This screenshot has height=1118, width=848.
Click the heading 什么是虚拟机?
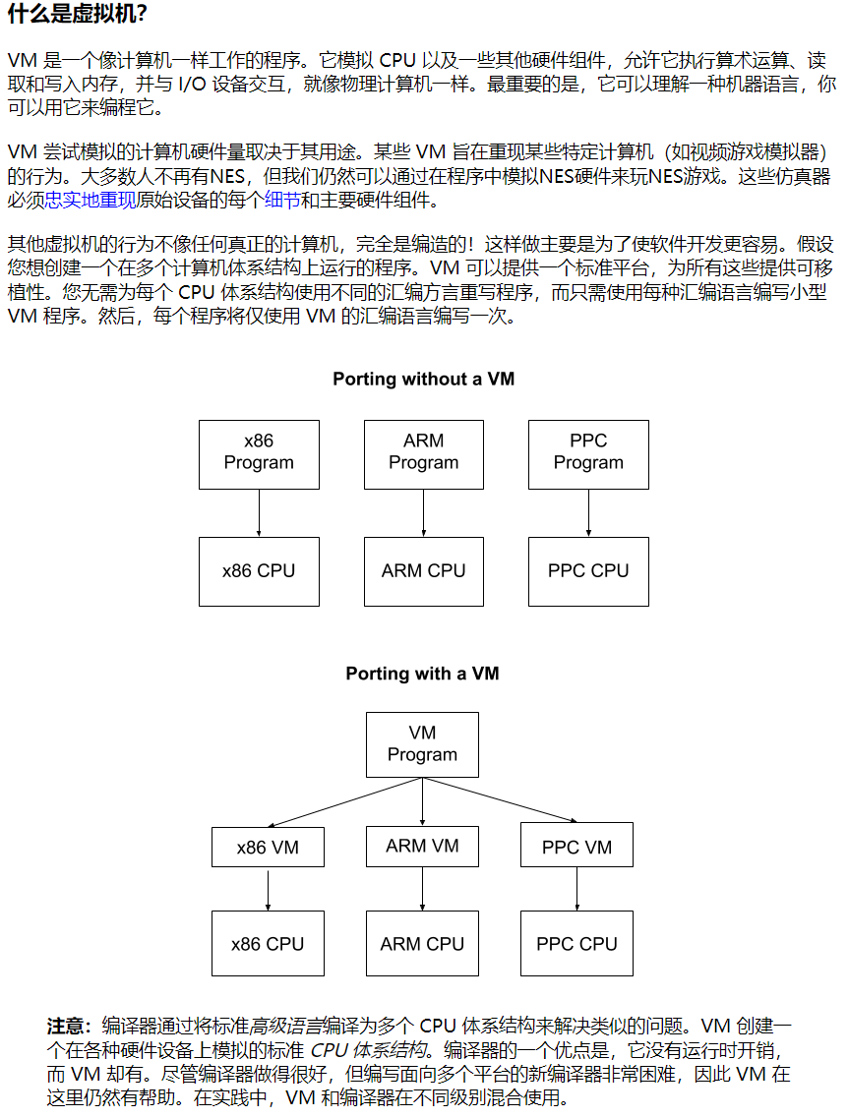coord(78,15)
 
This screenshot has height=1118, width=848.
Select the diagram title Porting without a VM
coord(423,380)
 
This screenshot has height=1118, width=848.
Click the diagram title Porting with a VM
coord(422,674)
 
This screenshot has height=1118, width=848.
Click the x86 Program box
coord(259,454)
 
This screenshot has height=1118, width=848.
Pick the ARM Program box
coord(423,454)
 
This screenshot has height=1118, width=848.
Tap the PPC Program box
coord(588,454)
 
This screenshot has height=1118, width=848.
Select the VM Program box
coord(422,744)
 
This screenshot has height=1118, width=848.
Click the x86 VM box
coord(268,847)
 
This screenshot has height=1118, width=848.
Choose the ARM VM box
coord(422,846)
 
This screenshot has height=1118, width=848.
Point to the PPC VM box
coord(576,847)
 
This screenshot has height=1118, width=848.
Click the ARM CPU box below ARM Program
coord(423,571)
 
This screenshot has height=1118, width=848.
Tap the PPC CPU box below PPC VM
coord(576,944)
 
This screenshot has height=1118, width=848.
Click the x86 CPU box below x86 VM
coord(268,944)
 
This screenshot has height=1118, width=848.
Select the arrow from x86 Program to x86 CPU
coord(259,513)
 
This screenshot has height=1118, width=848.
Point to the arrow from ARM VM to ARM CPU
coord(422,888)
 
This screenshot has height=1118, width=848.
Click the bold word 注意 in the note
coord(69,1026)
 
